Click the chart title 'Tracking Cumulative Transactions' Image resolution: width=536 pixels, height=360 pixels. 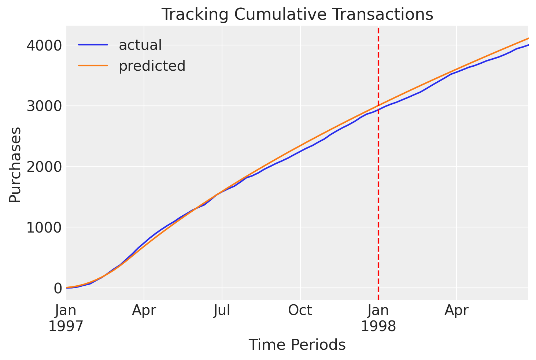coord(297,14)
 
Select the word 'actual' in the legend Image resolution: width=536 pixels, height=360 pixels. coord(140,45)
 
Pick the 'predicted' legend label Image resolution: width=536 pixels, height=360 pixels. coord(152,66)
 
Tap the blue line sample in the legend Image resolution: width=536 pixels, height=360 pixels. coord(93,45)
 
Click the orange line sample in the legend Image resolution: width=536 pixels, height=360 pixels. coord(93,66)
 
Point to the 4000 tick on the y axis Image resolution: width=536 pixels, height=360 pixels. coord(44,45)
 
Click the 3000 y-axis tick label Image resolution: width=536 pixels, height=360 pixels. coord(44,106)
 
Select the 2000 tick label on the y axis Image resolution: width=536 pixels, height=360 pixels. coord(44,167)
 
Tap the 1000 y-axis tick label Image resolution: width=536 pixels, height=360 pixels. coord(44,227)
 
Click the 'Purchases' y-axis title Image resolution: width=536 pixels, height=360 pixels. coord(15,165)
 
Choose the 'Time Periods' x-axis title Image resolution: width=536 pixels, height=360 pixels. coord(297,345)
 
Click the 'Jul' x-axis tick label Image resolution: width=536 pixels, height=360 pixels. coord(222,310)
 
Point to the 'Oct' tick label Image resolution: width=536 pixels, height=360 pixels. coord(300,310)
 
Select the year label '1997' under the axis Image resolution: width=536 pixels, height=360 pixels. coord(66,326)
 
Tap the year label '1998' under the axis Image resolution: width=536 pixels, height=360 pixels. coord(378,326)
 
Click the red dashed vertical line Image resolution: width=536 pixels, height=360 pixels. coord(378,164)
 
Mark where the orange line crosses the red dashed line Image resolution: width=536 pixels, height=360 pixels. coord(378,105)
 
